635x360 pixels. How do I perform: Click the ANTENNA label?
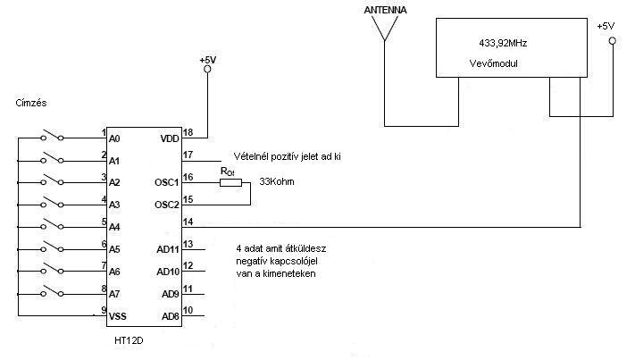(x=385, y=10)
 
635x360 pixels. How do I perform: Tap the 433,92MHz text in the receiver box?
(x=503, y=44)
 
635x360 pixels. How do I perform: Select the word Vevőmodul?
(x=493, y=63)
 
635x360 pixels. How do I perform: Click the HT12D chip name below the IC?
(x=129, y=340)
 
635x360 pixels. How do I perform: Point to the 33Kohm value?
(x=277, y=182)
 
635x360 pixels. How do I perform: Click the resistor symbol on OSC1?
(x=230, y=182)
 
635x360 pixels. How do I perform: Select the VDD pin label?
(x=170, y=138)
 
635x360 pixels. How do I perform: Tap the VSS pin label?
(x=117, y=316)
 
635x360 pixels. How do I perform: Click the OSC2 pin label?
(x=167, y=205)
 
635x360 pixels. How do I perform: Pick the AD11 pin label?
(x=168, y=249)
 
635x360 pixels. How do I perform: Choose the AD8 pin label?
(x=170, y=316)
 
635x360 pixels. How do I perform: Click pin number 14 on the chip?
(x=188, y=222)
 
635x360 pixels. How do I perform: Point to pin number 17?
(x=188, y=155)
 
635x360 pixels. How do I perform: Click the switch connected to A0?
(x=52, y=135)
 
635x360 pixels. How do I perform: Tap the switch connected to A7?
(x=52, y=291)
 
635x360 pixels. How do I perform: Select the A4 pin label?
(x=114, y=227)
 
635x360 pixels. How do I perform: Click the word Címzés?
(x=31, y=103)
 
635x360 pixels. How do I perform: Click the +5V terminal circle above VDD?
(x=207, y=70)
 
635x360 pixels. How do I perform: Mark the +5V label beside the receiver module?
(x=606, y=26)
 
